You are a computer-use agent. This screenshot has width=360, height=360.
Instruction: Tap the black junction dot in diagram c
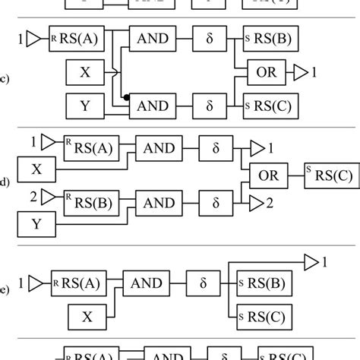(125, 98)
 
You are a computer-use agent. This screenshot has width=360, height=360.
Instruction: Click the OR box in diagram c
(266, 73)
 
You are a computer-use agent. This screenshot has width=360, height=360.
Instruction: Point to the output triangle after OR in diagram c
(302, 73)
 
